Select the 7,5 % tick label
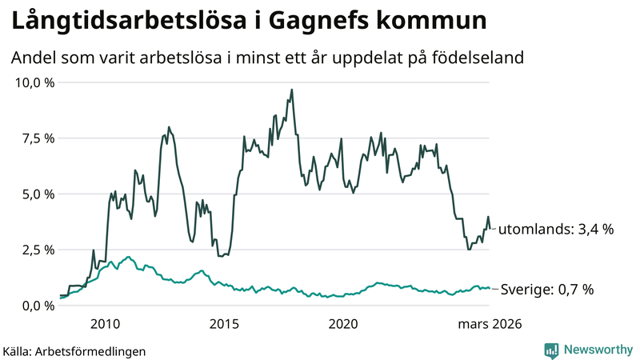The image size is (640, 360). (38, 138)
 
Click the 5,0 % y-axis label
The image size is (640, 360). (38, 194)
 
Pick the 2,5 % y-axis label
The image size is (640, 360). (38, 250)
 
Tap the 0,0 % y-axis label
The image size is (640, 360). (38, 305)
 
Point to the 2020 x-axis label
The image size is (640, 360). (343, 324)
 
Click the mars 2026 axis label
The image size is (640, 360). (490, 324)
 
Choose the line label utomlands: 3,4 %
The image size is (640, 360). (556, 229)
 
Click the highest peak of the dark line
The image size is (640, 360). (292, 90)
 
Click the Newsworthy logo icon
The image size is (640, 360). (551, 350)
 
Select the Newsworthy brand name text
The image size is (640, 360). (597, 350)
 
